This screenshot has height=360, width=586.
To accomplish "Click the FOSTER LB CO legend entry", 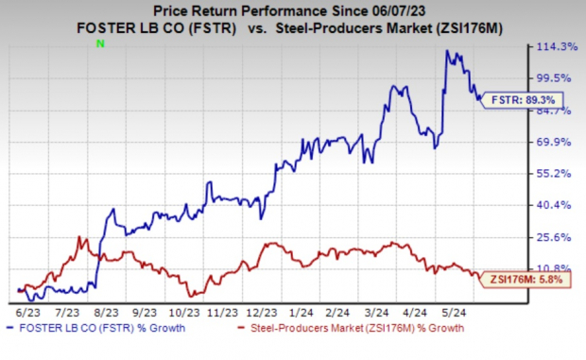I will click(x=99, y=328).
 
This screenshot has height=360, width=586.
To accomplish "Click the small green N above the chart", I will click(x=98, y=44).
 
